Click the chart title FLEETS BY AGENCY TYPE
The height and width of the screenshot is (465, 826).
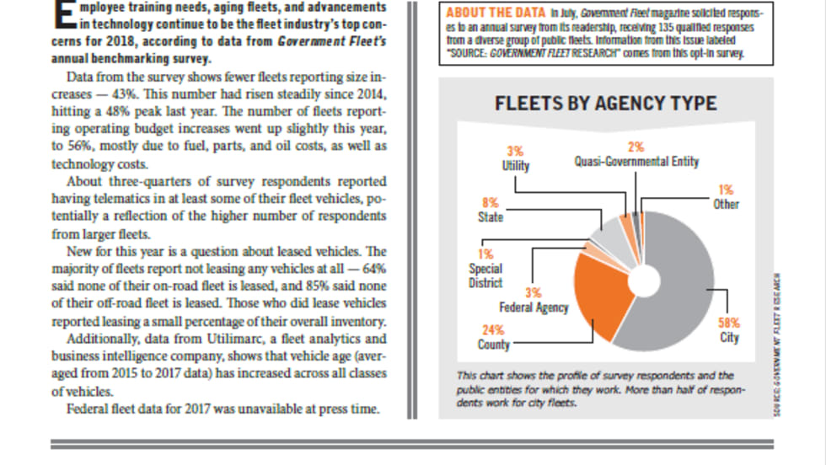tap(605, 104)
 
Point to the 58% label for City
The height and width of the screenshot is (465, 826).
tap(729, 322)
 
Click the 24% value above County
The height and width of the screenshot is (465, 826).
tap(493, 329)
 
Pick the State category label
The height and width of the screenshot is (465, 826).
tap(490, 217)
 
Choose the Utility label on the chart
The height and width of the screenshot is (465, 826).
tap(516, 165)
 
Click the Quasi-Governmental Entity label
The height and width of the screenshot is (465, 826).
tap(636, 161)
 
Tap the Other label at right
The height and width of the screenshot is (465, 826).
tap(726, 204)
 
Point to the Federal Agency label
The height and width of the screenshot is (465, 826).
tap(534, 307)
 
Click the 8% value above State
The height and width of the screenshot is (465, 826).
tap(490, 203)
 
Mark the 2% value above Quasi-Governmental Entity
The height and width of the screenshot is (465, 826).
tap(636, 147)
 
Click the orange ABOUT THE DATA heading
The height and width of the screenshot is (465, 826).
tap(496, 13)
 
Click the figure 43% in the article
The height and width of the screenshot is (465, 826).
tap(115, 92)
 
